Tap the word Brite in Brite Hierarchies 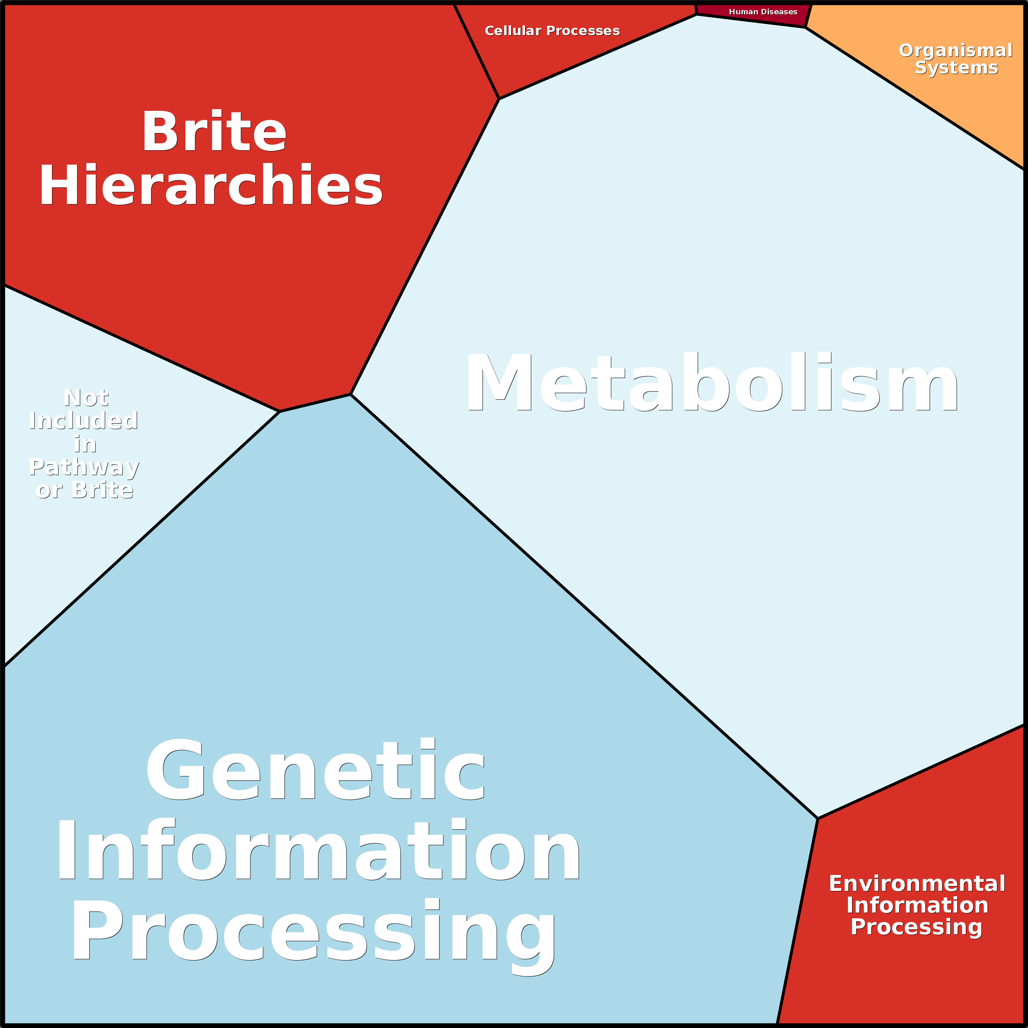[214, 132]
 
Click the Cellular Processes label [552, 31]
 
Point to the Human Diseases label [762, 12]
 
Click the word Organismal [955, 51]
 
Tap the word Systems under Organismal [956, 68]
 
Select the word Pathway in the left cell [84, 467]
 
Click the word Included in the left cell [84, 421]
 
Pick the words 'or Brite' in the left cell [84, 490]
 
